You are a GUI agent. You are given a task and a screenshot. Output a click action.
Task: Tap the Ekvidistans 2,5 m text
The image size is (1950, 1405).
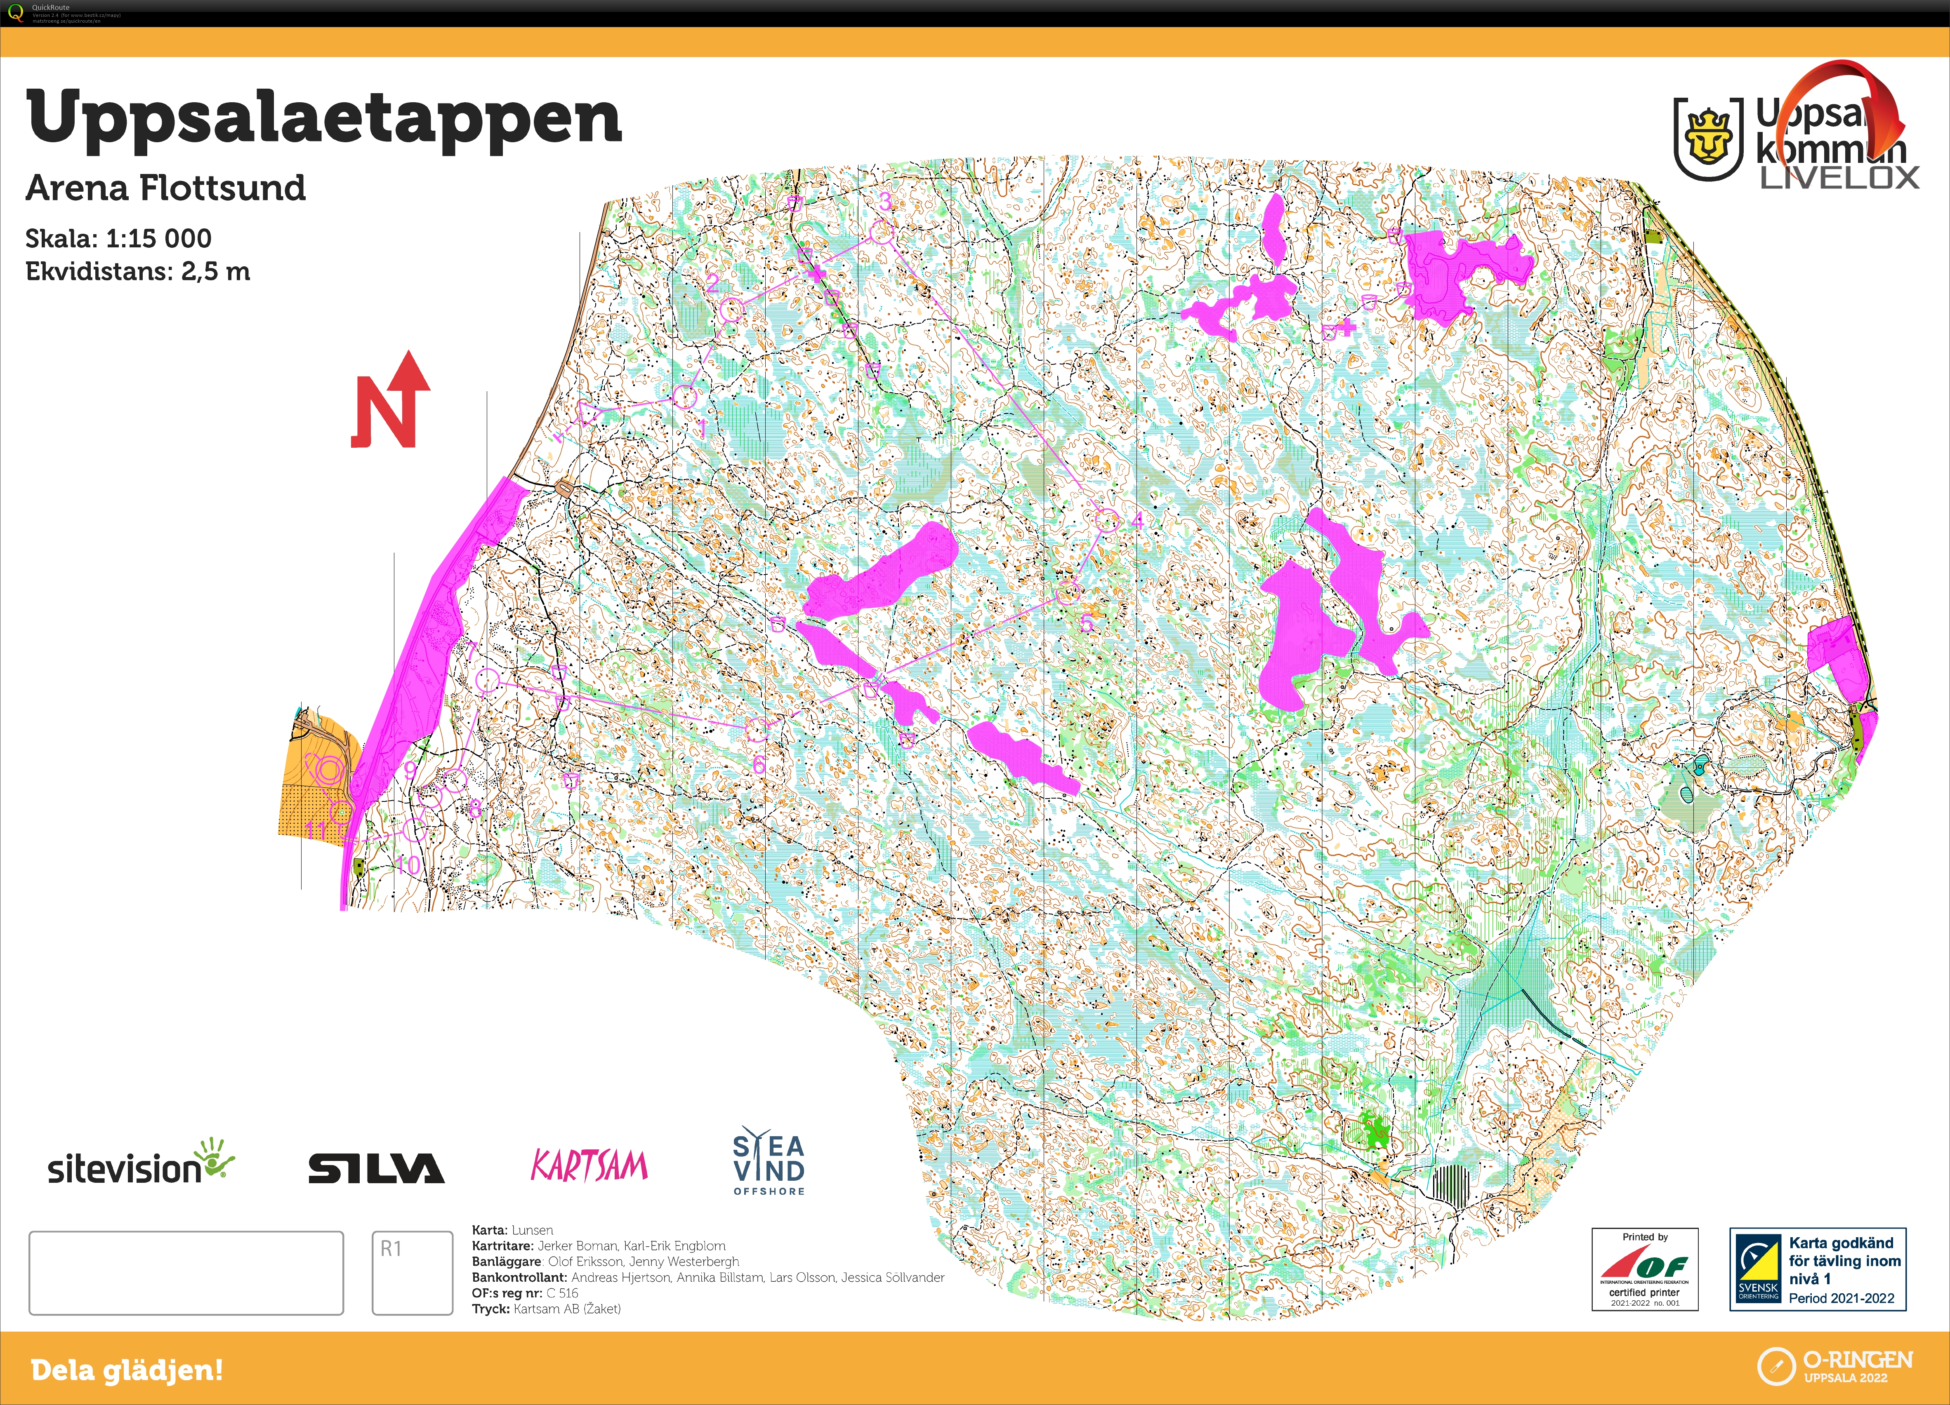pos(137,272)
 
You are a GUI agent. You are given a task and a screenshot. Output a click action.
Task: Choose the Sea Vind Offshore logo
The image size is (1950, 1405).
pos(769,1162)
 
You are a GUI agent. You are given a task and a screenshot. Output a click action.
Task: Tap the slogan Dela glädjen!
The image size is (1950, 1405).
pos(127,1369)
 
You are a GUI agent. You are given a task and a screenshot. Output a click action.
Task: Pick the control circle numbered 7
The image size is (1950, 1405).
pos(488,680)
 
